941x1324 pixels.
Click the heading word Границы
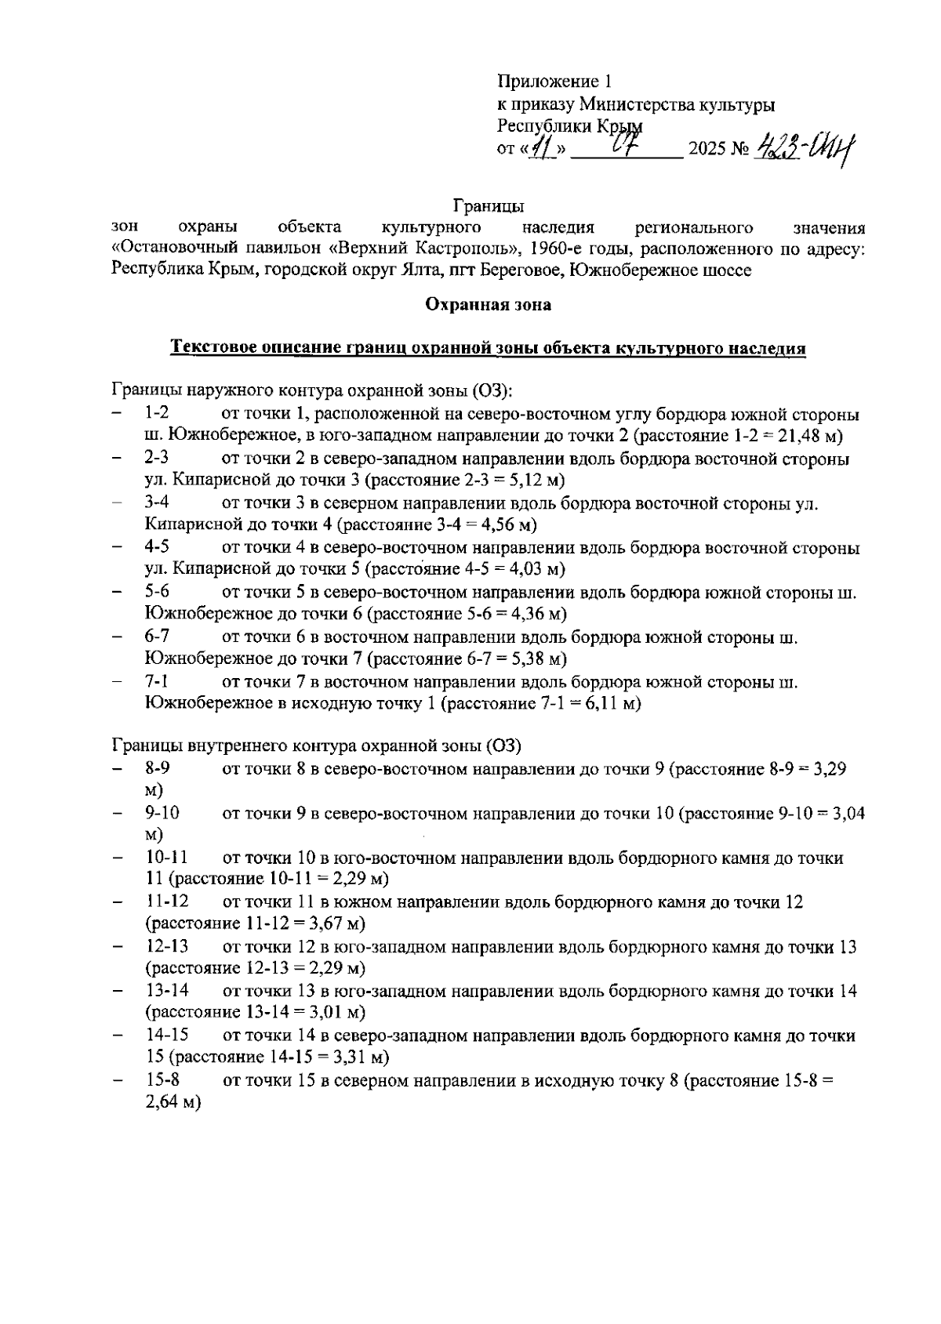(x=488, y=207)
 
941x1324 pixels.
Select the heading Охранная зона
(x=488, y=305)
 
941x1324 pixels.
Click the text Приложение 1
(x=554, y=82)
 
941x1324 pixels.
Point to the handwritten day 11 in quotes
(x=540, y=147)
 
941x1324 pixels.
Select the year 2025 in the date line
(x=706, y=149)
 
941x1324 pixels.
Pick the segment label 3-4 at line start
(x=158, y=503)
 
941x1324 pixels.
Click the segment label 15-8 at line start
(x=162, y=1081)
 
